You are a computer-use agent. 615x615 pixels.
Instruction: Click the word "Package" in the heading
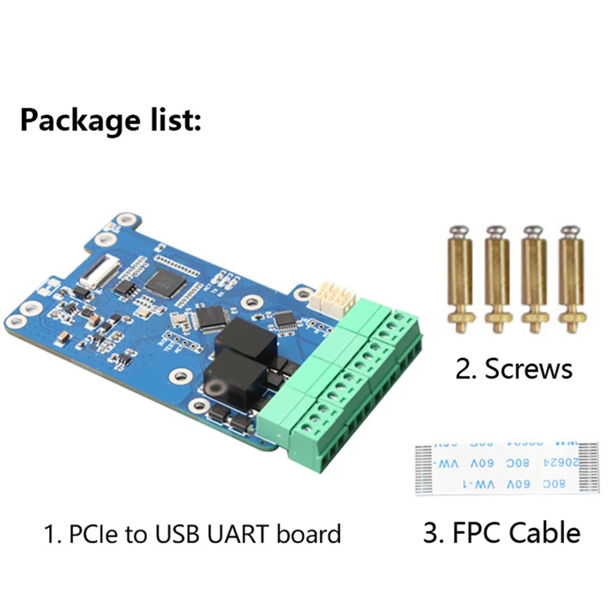(x=79, y=121)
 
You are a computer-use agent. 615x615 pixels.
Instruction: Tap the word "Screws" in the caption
(x=528, y=369)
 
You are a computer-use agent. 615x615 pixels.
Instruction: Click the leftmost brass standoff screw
(x=460, y=279)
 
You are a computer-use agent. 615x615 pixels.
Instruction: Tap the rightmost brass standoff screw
(x=570, y=279)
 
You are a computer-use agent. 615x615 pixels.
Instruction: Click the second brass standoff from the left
(x=497, y=279)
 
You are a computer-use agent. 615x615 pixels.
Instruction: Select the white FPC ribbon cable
(x=506, y=468)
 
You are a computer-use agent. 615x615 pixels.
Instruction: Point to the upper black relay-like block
(x=245, y=338)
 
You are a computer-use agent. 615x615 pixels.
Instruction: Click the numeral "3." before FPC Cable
(x=433, y=532)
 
